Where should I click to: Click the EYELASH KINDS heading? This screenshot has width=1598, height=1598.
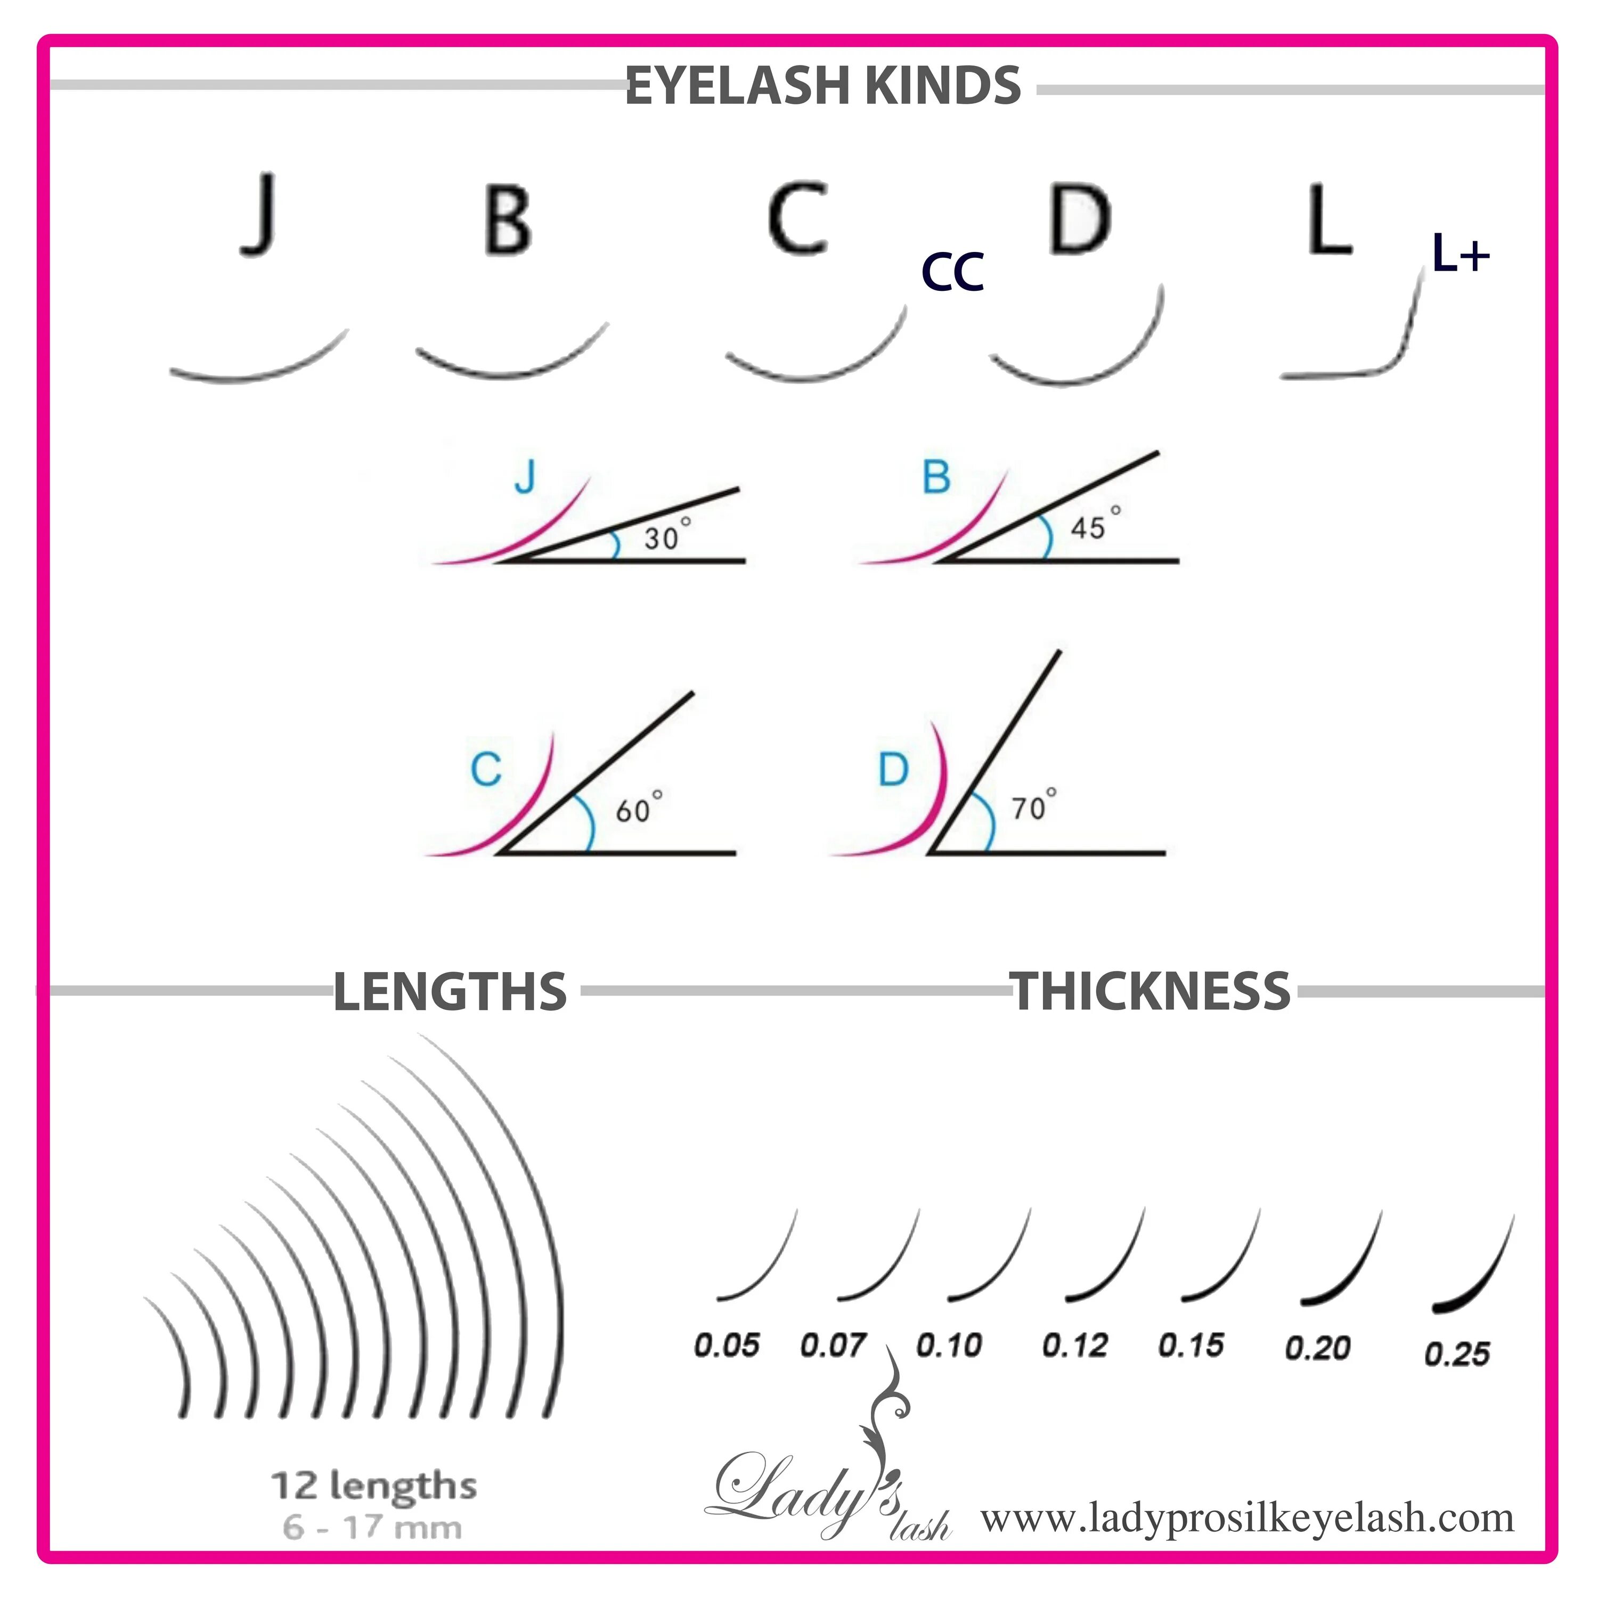823,85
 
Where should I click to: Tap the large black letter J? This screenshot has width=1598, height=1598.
260,214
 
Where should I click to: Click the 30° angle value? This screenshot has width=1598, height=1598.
666,536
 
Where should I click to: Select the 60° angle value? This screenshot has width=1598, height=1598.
637,808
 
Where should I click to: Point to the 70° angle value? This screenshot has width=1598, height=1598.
1033,805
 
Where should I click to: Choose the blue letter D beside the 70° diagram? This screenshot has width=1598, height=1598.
893,769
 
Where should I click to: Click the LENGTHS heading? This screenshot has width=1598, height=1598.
450,992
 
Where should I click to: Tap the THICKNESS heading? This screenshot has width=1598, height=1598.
1149,990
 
